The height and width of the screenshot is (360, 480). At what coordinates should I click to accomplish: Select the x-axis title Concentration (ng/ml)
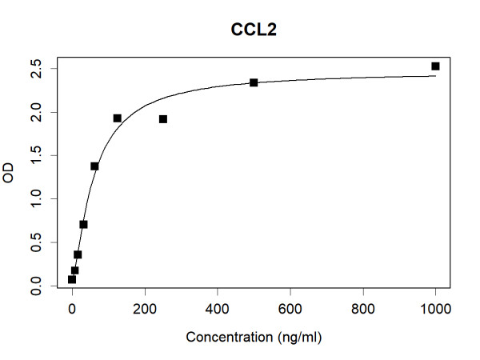254,338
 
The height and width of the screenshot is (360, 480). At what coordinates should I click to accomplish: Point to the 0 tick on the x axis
72,305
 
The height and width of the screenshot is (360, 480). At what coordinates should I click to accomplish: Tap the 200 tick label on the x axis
145,305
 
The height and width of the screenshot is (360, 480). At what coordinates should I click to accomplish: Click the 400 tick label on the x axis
218,305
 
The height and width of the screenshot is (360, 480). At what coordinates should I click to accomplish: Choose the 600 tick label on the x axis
290,305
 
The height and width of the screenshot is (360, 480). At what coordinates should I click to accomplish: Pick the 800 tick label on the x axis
363,305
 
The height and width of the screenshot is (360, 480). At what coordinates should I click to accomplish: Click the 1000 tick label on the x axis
436,305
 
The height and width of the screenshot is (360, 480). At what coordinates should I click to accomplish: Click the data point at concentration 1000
435,66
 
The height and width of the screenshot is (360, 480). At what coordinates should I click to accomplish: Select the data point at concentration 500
254,82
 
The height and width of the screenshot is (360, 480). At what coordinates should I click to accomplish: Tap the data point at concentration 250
163,119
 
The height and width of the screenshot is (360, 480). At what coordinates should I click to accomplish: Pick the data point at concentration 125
118,118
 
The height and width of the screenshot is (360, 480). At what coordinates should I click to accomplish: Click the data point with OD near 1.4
94,166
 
